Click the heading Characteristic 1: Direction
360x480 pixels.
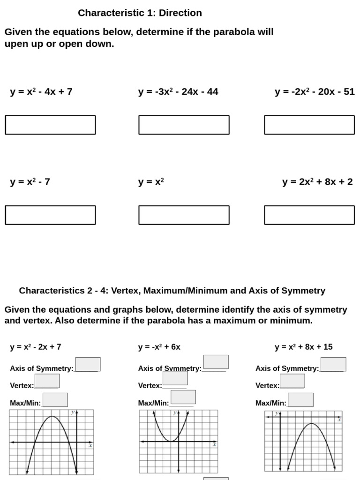(140, 13)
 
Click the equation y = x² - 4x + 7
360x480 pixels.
(41, 92)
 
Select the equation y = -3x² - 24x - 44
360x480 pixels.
(178, 92)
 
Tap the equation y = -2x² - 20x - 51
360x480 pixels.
(315, 92)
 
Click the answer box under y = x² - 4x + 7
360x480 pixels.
(50, 125)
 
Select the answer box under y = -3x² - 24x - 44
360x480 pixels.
(184, 125)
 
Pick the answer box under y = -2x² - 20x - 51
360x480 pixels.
(309, 125)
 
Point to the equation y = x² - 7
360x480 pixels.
(30, 182)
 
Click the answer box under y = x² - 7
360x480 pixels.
(50, 215)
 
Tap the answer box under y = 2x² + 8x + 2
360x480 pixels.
(309, 215)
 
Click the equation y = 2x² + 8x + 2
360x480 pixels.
(317, 182)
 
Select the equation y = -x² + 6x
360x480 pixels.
(159, 347)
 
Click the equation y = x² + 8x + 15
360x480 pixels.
(303, 347)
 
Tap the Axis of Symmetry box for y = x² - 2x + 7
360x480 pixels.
(88, 364)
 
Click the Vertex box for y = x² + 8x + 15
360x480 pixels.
(292, 381)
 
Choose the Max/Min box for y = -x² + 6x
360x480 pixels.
(183, 397)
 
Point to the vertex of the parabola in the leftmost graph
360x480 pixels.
(52, 417)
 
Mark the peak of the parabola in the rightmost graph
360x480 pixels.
(311, 424)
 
